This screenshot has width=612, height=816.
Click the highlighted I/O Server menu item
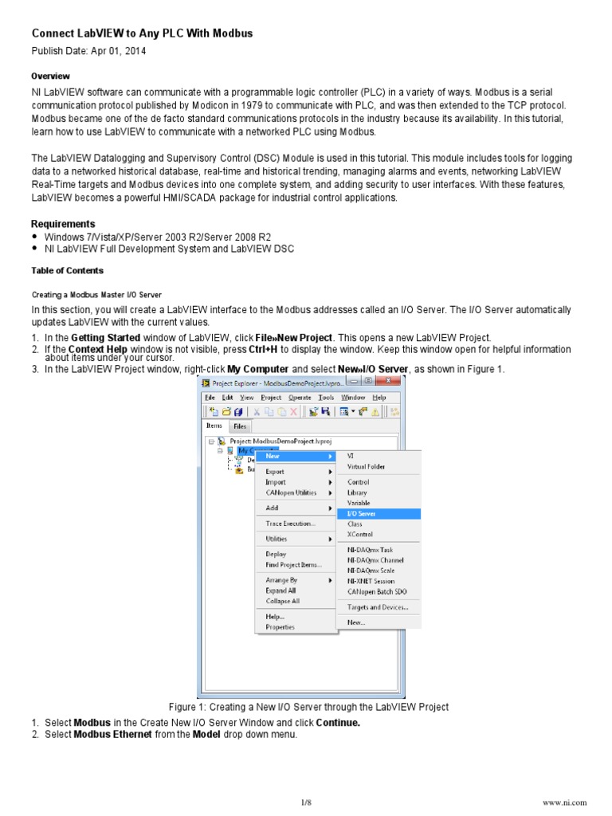click(362, 514)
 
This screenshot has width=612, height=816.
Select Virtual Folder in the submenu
click(367, 467)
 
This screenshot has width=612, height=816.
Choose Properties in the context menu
click(280, 627)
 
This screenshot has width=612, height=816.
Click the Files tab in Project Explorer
click(240, 426)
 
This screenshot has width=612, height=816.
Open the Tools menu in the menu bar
click(326, 398)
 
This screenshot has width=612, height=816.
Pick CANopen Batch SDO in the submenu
click(377, 591)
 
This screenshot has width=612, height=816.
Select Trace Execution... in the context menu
click(290, 524)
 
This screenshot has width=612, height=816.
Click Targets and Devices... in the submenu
click(378, 607)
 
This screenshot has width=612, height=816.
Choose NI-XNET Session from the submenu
click(371, 581)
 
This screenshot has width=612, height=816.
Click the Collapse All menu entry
click(282, 601)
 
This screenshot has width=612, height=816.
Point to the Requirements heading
click(63, 224)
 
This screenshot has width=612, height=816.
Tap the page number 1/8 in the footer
click(306, 802)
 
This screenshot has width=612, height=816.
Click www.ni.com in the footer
click(563, 802)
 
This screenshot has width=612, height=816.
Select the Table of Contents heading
click(67, 271)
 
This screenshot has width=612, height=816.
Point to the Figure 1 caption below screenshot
click(308, 707)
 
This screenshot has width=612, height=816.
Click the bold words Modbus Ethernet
click(113, 735)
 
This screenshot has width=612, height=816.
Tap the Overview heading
click(50, 76)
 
